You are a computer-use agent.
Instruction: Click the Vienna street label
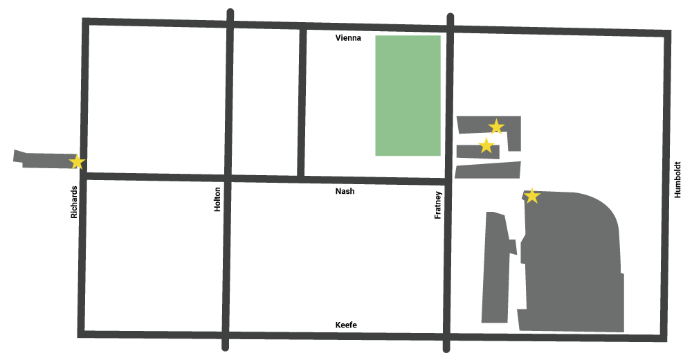click(348, 39)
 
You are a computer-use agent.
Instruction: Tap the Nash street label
click(345, 191)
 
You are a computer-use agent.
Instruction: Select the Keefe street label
click(346, 325)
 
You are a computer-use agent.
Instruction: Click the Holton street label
click(218, 199)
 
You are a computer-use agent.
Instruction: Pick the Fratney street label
click(437, 205)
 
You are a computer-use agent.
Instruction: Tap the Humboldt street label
click(678, 180)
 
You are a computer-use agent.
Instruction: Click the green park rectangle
click(408, 96)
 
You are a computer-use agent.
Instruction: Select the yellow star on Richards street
click(78, 162)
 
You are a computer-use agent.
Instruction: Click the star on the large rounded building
click(531, 197)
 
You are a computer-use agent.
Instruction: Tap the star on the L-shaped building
click(496, 126)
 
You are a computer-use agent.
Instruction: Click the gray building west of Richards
click(45, 160)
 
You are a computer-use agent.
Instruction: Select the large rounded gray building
click(574, 263)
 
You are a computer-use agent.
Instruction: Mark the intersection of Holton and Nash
click(228, 179)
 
